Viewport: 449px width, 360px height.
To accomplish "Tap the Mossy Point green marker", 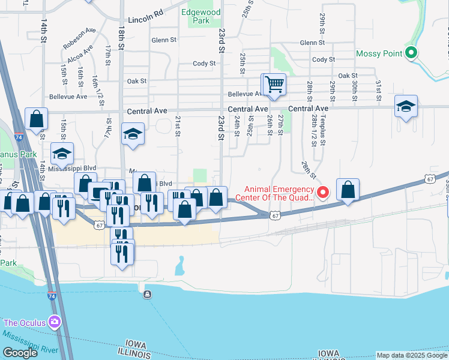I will [x=411, y=53].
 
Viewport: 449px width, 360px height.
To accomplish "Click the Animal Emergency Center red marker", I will [x=323, y=193].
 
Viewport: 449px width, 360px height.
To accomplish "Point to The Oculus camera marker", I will [x=55, y=322].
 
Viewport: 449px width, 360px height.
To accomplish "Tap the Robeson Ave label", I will [x=79, y=38].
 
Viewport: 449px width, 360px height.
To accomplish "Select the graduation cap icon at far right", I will [x=406, y=107].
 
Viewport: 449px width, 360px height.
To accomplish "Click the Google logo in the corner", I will [x=20, y=353].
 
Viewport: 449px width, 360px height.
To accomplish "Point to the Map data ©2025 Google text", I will [x=412, y=355].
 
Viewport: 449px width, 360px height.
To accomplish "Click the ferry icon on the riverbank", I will [x=148, y=294].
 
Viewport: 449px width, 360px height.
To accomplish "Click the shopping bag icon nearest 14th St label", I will [x=37, y=119].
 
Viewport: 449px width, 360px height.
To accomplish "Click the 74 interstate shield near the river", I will [x=52, y=296].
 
